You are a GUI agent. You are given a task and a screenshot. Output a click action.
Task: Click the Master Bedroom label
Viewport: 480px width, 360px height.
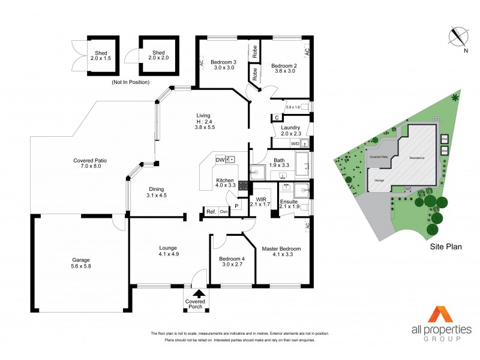click(x=281, y=248)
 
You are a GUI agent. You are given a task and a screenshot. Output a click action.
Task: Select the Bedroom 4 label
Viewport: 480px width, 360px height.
click(x=232, y=259)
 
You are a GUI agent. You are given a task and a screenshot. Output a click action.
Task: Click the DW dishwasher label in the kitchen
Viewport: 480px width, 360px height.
click(x=220, y=160)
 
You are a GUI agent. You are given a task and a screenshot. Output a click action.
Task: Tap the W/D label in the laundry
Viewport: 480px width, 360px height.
click(x=295, y=144)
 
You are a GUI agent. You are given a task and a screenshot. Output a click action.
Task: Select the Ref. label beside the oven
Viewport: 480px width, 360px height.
click(x=211, y=211)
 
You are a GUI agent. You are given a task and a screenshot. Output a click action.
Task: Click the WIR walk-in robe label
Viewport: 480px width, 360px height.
click(x=260, y=199)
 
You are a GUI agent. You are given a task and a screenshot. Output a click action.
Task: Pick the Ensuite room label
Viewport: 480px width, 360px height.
click(x=289, y=202)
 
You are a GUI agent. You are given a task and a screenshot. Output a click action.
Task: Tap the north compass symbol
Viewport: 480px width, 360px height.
click(x=459, y=38)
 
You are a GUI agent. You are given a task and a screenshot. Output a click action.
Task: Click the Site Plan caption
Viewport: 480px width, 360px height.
click(x=445, y=247)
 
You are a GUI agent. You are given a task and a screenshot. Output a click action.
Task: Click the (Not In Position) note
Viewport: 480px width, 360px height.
click(x=130, y=82)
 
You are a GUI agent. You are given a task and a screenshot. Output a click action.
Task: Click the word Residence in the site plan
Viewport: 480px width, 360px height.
click(x=416, y=158)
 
